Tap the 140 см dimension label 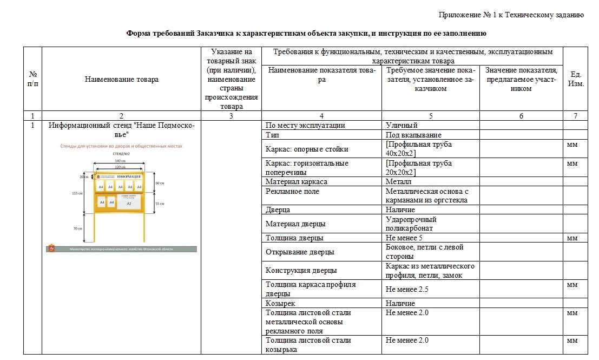[x=117, y=161]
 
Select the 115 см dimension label [x=77, y=193]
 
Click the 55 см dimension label [x=160, y=203]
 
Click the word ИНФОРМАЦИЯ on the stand [x=128, y=176]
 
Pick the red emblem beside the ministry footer [x=51, y=248]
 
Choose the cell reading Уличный [x=401, y=126]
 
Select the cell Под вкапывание [x=413, y=135]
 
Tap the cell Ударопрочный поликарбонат [x=411, y=224]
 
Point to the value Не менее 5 [x=404, y=238]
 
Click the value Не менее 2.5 [x=407, y=289]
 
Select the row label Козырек [x=280, y=303]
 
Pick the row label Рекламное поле [x=292, y=191]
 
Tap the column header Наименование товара [x=122, y=80]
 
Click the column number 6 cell [x=521, y=116]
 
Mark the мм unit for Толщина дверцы [x=572, y=238]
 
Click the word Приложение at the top [x=460, y=15]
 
